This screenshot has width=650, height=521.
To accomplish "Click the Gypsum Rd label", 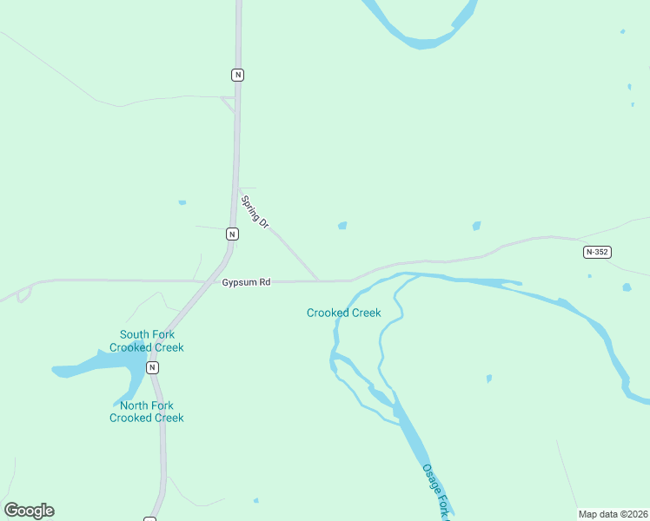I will [x=246, y=282].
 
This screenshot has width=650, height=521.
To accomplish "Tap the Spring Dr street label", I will [x=255, y=212].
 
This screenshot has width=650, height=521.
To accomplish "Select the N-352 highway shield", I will [x=597, y=252].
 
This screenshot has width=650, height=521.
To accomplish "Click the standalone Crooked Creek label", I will [x=343, y=313].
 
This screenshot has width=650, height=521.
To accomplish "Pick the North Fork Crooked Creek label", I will [x=147, y=412].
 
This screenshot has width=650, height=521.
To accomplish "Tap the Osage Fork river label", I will [x=438, y=491].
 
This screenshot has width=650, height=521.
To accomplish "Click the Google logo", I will [x=29, y=511].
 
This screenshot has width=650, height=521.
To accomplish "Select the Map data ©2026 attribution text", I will [x=613, y=514].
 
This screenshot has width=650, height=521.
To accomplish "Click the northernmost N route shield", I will [x=237, y=75].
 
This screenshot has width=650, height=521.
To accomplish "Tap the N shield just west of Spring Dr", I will [x=232, y=234].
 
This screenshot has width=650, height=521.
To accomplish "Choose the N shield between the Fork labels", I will [x=153, y=367].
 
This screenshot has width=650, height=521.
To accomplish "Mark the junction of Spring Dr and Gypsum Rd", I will [x=319, y=280].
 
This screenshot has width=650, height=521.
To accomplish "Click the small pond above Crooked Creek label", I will [x=342, y=226].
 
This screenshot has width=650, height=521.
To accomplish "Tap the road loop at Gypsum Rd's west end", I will [x=23, y=293].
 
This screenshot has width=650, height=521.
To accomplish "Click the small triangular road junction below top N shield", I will [x=229, y=103].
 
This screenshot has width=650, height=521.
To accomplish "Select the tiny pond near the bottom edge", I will [x=255, y=500].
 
